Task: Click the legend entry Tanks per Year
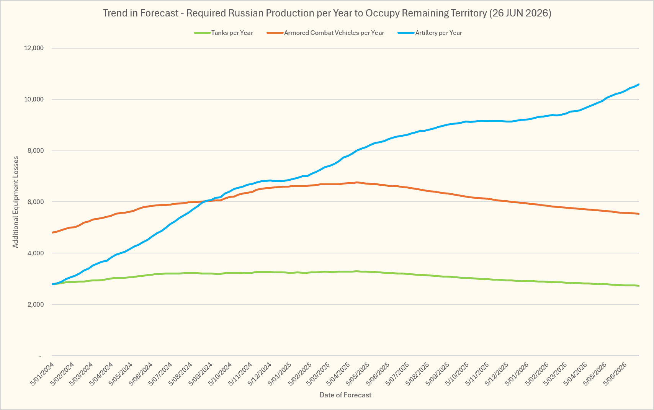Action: pos(224,33)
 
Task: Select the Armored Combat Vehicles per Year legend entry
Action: pos(325,33)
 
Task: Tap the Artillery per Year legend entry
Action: pos(430,33)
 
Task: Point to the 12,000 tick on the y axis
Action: pos(34,48)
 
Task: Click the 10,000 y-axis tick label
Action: pos(34,100)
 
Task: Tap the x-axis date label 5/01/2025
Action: pos(280,374)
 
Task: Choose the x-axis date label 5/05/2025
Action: pos(358,374)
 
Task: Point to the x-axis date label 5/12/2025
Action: pos(497,374)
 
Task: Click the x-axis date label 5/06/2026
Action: pos(615,374)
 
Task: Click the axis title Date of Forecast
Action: pos(345,395)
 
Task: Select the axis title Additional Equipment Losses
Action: pos(15,202)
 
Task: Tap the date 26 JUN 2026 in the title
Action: pos(520,13)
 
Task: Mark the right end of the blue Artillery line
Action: pos(639,84)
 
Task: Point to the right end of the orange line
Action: pos(639,214)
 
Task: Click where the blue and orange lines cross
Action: pos(205,201)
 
